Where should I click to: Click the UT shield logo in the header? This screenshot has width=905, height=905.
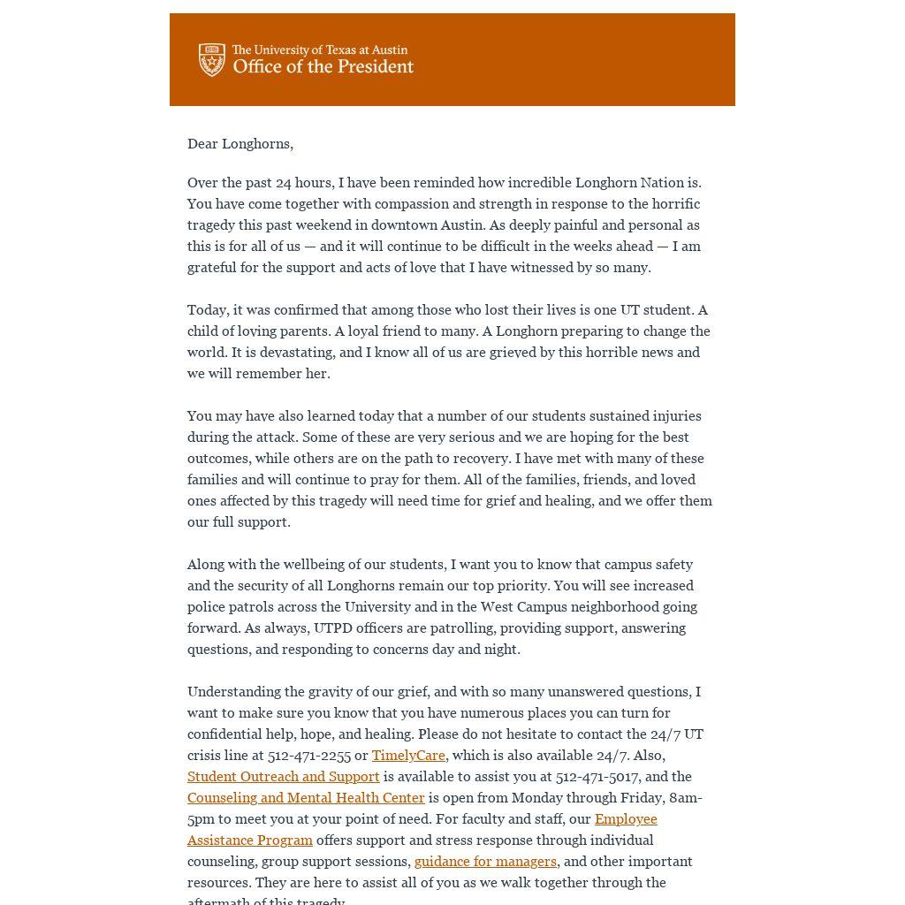[212, 60]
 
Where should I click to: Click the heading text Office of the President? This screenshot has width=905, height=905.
[323, 67]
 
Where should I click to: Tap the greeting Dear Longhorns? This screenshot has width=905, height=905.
[240, 144]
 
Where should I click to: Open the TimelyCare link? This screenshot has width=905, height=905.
[408, 756]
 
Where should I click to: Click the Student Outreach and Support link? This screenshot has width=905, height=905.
[283, 777]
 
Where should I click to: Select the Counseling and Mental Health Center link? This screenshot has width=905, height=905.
[306, 798]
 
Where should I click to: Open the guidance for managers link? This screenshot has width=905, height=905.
[485, 862]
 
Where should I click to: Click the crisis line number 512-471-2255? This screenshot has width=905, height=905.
[309, 756]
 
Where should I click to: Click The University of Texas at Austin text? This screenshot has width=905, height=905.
[320, 50]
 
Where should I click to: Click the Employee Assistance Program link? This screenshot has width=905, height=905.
[626, 819]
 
